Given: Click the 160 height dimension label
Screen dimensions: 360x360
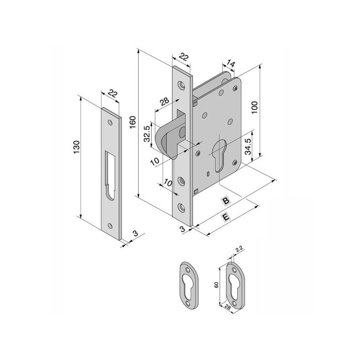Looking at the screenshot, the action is [x=133, y=122].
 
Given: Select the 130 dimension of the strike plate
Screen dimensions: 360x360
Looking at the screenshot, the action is [x=76, y=147].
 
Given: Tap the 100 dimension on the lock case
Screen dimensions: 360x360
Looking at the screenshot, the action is [x=254, y=107].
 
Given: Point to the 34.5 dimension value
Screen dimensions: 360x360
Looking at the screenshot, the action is [x=248, y=147].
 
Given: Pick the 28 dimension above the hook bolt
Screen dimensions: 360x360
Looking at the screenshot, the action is [x=164, y=101].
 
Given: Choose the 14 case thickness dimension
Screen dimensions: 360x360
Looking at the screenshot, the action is [x=230, y=63].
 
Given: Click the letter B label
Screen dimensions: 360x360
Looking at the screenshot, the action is [x=226, y=201].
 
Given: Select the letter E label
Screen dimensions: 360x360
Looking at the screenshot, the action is [x=226, y=216].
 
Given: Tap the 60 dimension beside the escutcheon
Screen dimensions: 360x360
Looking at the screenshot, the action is [x=216, y=285].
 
